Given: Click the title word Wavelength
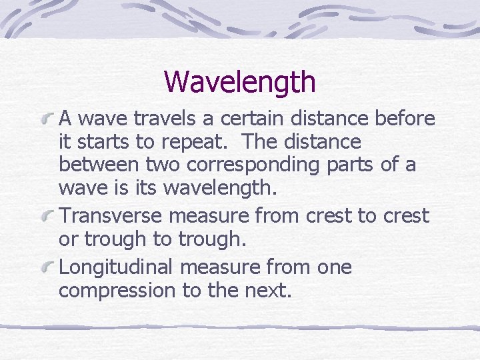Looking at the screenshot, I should click(239, 82).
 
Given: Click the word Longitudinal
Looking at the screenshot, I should click(115, 267).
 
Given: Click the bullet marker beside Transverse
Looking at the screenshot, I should click(49, 217).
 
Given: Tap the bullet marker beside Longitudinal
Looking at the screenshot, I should click(49, 268).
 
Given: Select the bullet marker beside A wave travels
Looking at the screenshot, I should click(49, 119).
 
